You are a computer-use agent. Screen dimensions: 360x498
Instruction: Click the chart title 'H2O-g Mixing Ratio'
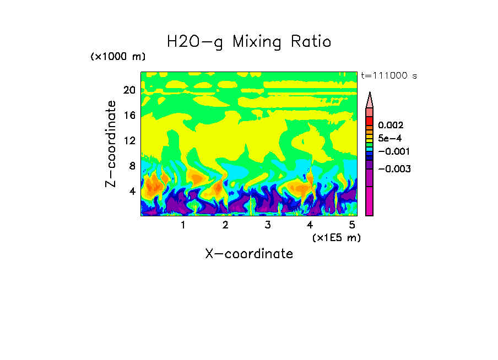point(249,42)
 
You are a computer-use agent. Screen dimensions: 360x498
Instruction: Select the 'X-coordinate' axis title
point(249,254)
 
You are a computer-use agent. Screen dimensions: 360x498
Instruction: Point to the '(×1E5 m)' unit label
point(336,238)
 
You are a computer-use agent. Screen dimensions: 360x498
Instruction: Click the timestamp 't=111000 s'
point(388,75)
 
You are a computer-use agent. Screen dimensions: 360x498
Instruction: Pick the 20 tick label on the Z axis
point(129,90)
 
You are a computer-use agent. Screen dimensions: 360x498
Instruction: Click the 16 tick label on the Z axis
point(129,116)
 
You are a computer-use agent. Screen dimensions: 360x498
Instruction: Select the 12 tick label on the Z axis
point(129,140)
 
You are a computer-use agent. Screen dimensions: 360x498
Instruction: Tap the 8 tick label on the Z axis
point(132,166)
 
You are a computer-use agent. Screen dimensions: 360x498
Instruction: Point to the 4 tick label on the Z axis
point(132,191)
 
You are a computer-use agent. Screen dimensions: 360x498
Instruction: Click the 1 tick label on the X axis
point(183,225)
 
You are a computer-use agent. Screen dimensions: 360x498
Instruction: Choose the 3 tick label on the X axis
point(267,225)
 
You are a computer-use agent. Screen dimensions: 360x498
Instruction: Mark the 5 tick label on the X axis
point(352,225)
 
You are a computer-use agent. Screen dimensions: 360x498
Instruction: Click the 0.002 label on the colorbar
point(390,126)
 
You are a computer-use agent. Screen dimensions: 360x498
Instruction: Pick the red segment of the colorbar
point(370,121)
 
